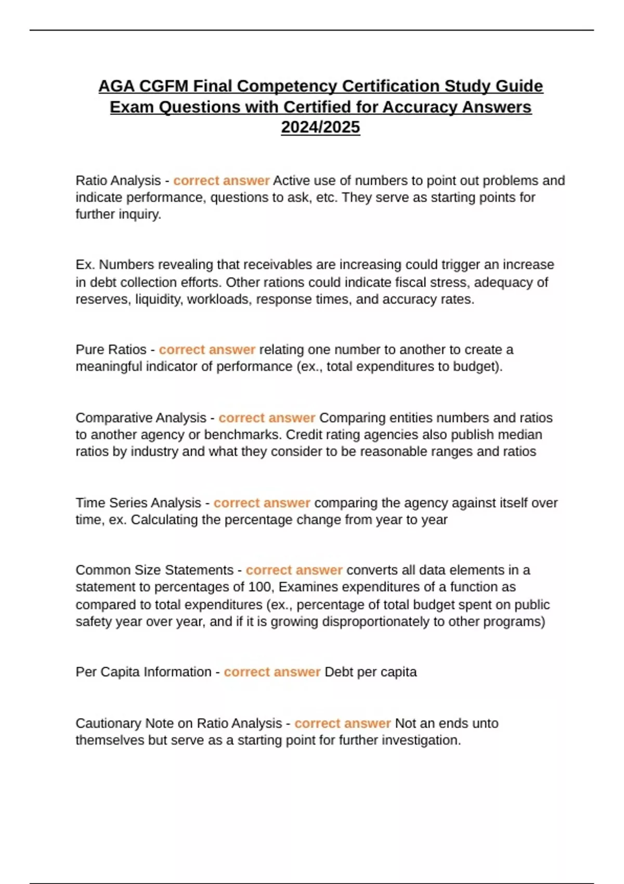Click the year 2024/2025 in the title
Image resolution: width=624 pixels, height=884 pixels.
pos(320,127)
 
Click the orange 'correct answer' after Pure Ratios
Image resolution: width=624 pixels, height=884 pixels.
pos(207,349)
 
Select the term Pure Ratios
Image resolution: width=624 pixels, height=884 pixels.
pos(111,349)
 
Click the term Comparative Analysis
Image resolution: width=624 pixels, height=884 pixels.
pos(141,418)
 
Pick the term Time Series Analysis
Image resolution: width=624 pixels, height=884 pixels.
pos(138,503)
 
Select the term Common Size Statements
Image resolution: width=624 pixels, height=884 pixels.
pos(154,570)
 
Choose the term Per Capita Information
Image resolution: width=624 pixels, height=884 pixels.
pos(144,672)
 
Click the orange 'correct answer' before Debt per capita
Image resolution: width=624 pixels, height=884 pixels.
pos(272,672)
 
